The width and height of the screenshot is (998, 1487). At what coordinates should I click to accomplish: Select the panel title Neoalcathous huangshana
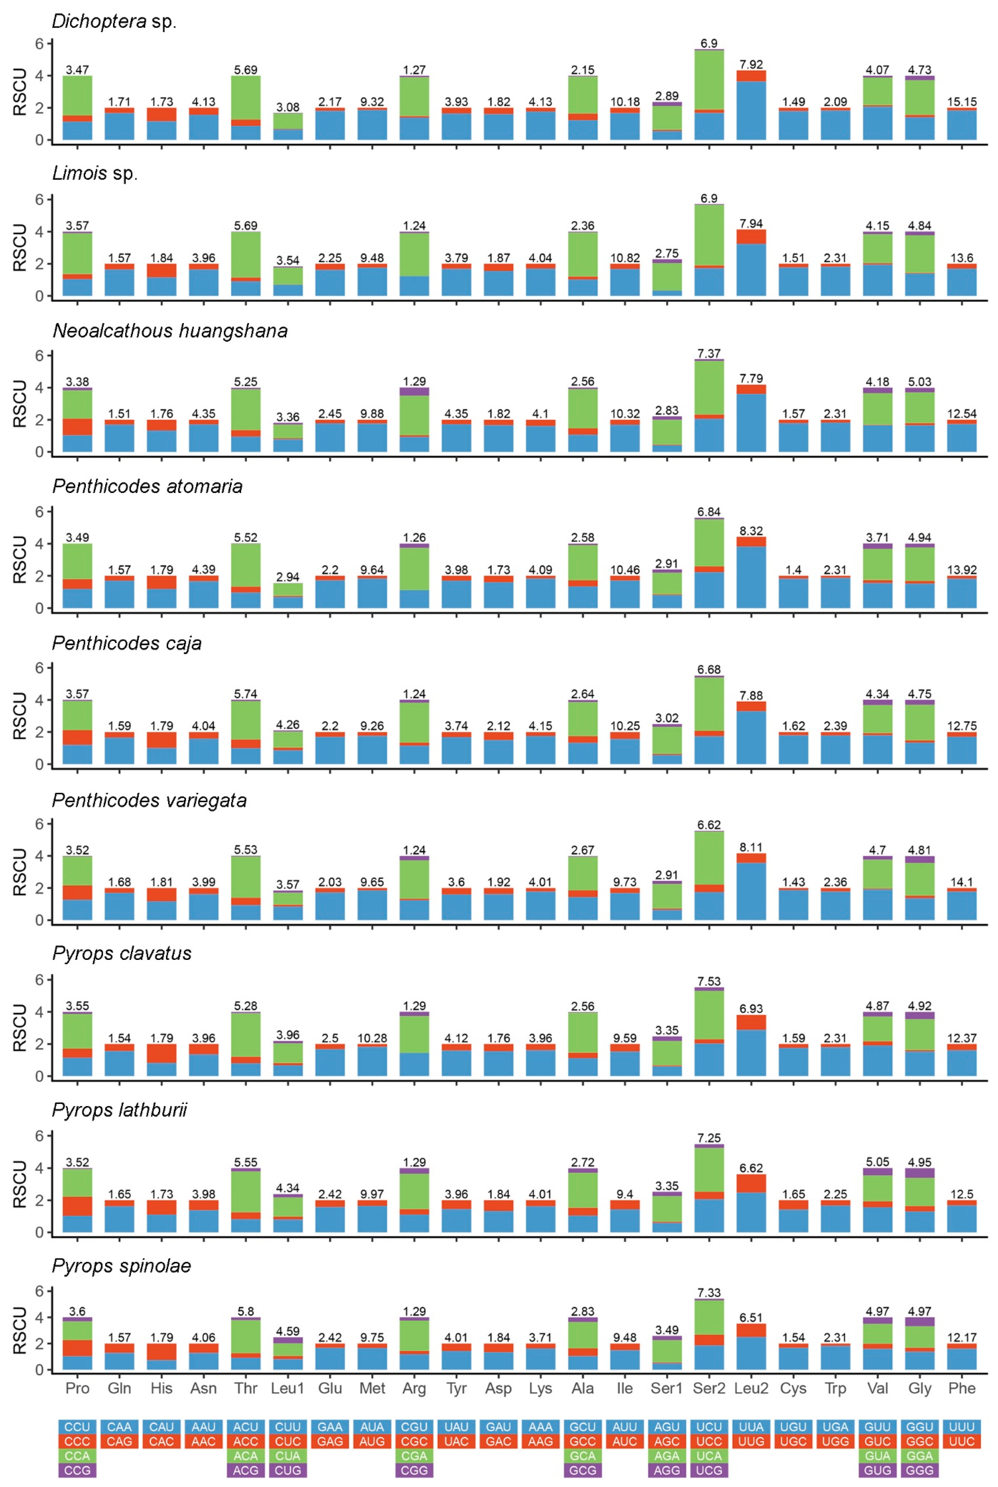click(170, 331)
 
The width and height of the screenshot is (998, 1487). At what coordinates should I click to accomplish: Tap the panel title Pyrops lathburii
click(120, 1110)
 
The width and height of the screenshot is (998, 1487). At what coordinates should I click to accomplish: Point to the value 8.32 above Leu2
click(751, 531)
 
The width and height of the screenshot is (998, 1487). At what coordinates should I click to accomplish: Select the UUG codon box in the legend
click(751, 1441)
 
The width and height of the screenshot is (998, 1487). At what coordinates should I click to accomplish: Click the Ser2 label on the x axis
click(709, 1389)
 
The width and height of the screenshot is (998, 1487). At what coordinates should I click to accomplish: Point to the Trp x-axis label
click(835, 1389)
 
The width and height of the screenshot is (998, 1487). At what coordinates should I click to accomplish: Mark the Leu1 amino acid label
click(288, 1389)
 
